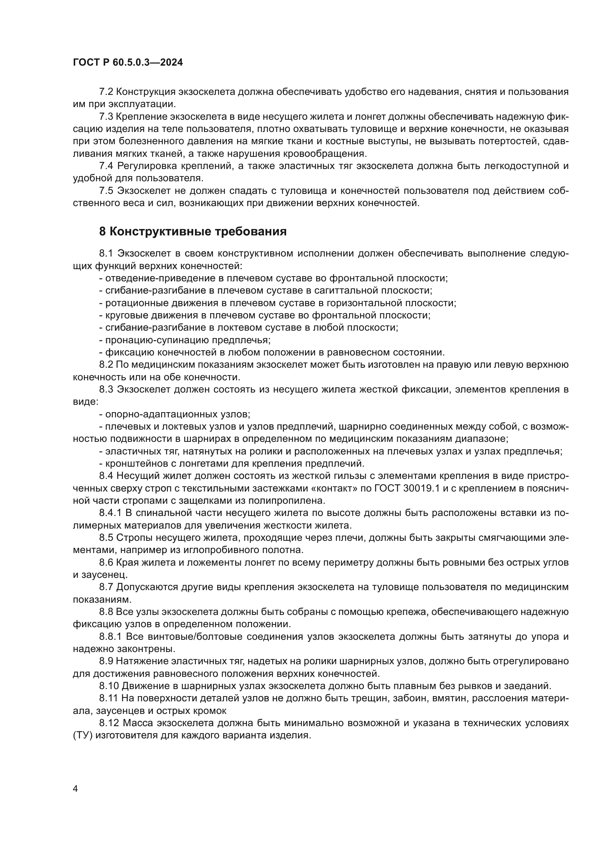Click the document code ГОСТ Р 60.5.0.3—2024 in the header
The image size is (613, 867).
pos(127,63)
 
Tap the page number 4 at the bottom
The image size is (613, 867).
pos(75,789)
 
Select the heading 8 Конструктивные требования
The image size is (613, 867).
pos(193,231)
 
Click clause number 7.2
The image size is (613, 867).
pos(106,92)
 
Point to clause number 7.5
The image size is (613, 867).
pos(106,191)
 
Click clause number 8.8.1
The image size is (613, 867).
pos(110,637)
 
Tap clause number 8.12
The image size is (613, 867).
pos(109,723)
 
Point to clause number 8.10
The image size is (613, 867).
pos(109,686)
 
